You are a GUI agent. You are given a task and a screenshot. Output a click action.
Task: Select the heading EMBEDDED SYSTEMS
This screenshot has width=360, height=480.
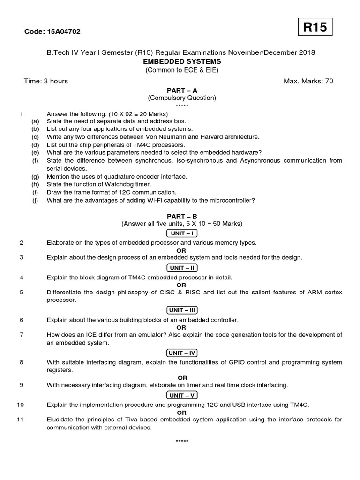click(181, 61)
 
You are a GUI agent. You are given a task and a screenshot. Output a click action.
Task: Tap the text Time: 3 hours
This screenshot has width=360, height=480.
click(46, 81)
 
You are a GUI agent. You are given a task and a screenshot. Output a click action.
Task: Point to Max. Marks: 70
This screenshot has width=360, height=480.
click(308, 81)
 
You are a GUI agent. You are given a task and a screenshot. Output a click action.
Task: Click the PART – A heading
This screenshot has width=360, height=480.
click(182, 90)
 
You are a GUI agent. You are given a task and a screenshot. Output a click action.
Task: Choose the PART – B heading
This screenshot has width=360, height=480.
click(182, 216)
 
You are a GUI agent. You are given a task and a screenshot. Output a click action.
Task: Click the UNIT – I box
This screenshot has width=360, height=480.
click(182, 233)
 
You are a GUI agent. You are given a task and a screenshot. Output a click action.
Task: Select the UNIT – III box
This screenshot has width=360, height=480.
click(182, 310)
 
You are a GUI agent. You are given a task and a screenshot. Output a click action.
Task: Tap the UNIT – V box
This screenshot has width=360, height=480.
click(182, 395)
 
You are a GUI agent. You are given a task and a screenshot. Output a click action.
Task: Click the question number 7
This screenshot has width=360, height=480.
click(22, 335)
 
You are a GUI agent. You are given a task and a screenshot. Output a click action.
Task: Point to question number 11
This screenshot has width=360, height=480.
click(20, 420)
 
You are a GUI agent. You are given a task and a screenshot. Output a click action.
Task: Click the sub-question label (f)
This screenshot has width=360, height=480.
click(35, 161)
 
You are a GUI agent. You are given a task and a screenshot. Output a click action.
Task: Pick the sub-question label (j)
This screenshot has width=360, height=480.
click(35, 201)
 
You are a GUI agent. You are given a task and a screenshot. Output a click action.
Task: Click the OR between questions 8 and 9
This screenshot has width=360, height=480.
click(182, 377)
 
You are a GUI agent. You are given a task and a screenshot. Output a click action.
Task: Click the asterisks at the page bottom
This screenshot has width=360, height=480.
click(182, 442)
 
